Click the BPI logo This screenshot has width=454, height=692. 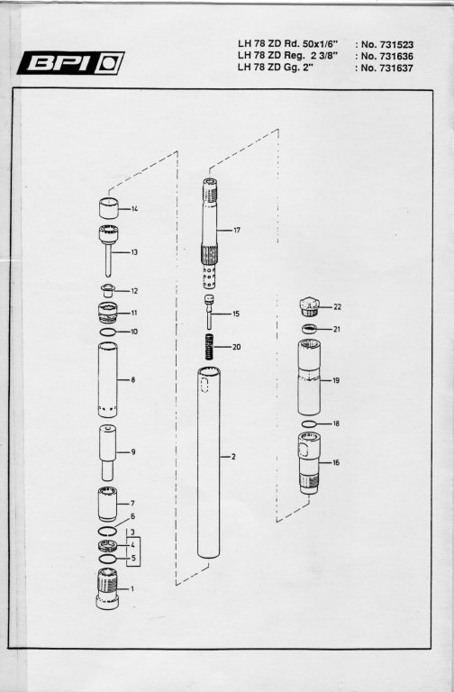pos(70,63)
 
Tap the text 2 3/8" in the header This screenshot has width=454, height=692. pos(324,56)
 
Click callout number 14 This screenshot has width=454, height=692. pos(134,208)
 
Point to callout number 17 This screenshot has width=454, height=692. pos(237,230)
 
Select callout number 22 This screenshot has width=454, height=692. pos(338,306)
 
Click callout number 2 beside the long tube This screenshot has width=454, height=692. pos(233,456)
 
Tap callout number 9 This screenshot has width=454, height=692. pos(132,452)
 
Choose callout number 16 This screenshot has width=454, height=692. pos(336,462)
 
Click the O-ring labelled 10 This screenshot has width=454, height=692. pos(108,332)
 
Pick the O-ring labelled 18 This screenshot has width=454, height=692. pos(309,423)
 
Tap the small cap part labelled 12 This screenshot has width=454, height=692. pos(107,291)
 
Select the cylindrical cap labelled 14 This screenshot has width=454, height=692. pos(108,208)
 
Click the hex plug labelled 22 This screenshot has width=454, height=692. pos(309,306)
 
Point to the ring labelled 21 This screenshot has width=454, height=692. pos(310,329)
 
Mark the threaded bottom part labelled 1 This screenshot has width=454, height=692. pos(107,589)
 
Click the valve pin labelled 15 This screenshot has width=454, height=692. pos(209,312)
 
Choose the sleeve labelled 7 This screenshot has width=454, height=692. pos(107,504)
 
